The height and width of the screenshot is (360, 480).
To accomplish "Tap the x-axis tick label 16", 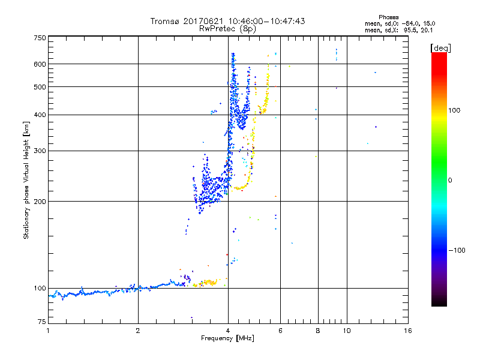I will (408, 331).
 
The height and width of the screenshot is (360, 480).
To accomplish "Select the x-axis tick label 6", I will (280, 331).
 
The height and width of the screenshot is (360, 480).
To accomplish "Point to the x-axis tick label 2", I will (138, 331).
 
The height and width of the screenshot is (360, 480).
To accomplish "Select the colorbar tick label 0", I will (450, 180).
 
